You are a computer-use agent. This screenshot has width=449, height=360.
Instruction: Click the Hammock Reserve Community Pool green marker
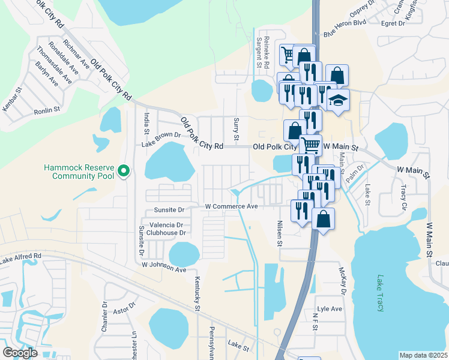[124, 172]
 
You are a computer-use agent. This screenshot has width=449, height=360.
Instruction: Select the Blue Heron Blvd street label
[345, 34]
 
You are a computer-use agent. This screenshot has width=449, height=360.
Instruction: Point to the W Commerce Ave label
[231, 206]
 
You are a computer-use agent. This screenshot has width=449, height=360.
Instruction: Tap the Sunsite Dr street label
[169, 211]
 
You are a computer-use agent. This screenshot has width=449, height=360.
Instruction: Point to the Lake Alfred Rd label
[21, 258]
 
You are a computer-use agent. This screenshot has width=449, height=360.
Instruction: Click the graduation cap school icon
[339, 100]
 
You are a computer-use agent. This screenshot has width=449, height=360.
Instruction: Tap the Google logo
[20, 353]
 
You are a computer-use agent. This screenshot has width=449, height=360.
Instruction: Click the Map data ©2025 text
[423, 355]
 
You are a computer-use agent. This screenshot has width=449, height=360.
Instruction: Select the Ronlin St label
[47, 110]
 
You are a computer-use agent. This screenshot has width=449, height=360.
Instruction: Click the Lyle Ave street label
[330, 309]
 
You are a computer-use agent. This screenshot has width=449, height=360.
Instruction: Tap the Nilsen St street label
[279, 233]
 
